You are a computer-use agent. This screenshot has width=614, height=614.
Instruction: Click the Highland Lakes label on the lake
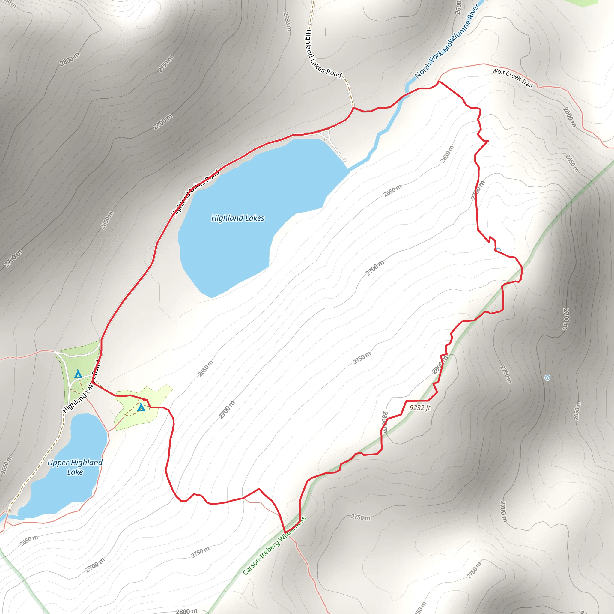coord(238,218)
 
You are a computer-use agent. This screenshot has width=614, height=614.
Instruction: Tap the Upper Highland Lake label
coord(75,467)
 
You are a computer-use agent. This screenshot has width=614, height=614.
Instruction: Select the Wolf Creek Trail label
coord(512,78)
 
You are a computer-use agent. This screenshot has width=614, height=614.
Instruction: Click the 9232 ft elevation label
coord(420,408)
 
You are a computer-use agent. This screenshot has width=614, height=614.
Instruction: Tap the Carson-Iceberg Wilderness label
coord(274,545)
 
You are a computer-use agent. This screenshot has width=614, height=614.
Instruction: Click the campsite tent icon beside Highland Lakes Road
coord(78,374)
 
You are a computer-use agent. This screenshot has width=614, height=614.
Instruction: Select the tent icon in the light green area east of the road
coord(141,407)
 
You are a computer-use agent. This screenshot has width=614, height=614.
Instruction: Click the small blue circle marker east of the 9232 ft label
coord(547,378)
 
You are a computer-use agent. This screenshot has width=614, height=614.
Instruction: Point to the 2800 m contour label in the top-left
coord(70,59)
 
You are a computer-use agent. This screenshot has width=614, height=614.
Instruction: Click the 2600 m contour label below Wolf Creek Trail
coord(569,117)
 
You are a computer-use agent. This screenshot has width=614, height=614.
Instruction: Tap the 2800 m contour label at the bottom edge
coord(186,610)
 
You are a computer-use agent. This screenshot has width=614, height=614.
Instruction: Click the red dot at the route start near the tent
coord(144,399)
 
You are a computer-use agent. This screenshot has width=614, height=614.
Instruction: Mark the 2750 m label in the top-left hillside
coord(165,64)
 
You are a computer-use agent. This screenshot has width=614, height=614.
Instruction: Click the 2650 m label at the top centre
coord(287,22)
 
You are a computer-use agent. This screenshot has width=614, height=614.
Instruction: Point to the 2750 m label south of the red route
coord(360,517)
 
